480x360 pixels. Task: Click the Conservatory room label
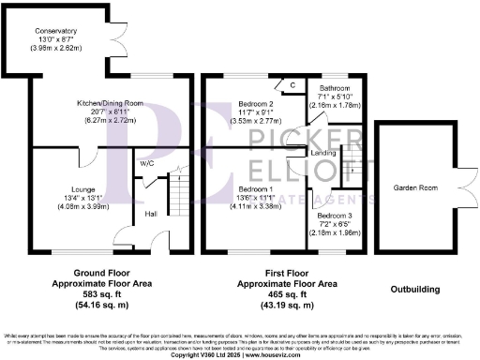point(56,31)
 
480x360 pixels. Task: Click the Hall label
point(152,214)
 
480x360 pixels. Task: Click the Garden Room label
point(412,187)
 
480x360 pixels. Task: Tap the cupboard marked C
point(293,85)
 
